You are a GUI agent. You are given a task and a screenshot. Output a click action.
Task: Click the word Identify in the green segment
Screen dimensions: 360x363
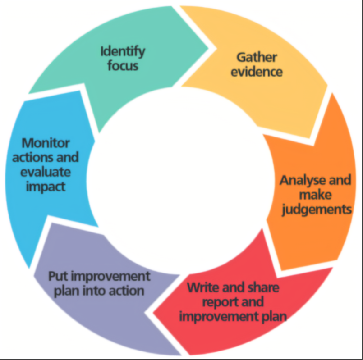(123, 51)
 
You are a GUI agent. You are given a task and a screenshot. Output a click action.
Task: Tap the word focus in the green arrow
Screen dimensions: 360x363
(122, 66)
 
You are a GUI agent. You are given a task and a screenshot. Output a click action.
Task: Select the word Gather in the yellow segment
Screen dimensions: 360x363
(257, 57)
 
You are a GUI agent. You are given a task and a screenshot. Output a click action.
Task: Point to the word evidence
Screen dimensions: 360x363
(257, 72)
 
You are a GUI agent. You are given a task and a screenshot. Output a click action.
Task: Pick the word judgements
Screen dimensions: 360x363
(315, 209)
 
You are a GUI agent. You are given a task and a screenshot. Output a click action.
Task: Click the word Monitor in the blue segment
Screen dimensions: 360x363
(46, 143)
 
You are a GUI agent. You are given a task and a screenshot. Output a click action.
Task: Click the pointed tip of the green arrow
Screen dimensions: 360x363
(208, 46)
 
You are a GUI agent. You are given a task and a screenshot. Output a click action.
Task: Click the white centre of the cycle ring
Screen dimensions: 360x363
(180, 180)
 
